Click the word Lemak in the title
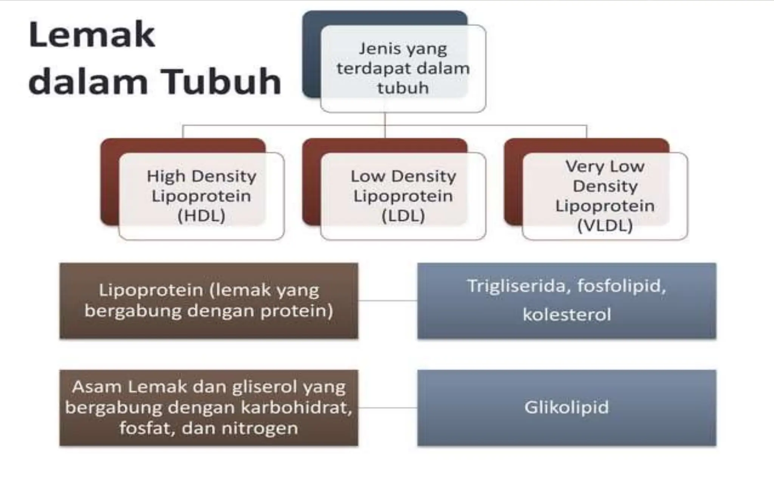click(x=92, y=35)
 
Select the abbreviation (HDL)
click(x=201, y=216)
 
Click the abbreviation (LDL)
click(x=403, y=216)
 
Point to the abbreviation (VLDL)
click(x=605, y=226)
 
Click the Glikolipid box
click(x=566, y=408)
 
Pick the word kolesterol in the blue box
click(x=567, y=315)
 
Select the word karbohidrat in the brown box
click(x=296, y=408)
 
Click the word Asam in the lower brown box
click(x=97, y=387)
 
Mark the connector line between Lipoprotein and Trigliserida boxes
click(x=387, y=301)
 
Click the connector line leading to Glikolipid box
click(x=387, y=408)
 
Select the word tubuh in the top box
click(x=403, y=88)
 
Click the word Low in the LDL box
click(x=367, y=177)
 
